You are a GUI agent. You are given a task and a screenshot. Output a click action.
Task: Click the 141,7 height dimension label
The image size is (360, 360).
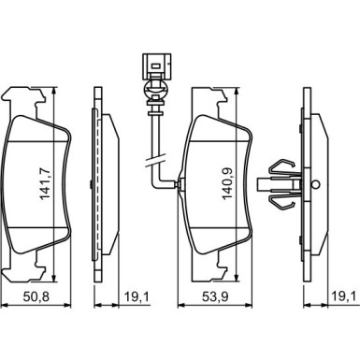(44, 184)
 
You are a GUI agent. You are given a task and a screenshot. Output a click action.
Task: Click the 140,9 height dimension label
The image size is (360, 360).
(227, 183)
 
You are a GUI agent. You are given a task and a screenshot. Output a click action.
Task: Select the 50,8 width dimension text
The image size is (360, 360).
(36, 296)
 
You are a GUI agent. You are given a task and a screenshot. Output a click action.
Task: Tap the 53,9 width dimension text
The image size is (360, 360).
(215, 296)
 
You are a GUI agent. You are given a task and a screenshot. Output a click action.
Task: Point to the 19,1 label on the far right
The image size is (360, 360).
(343, 296)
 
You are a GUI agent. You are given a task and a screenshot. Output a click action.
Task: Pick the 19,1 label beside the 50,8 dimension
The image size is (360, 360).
(137, 296)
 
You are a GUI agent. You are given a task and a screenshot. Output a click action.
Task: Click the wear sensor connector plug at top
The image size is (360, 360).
(156, 66)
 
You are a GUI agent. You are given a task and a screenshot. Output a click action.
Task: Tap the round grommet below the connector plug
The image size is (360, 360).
(155, 90)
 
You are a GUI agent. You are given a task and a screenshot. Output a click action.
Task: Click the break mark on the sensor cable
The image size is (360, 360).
(155, 161)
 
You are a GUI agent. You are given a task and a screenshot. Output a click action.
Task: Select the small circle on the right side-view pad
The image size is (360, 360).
(316, 184)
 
